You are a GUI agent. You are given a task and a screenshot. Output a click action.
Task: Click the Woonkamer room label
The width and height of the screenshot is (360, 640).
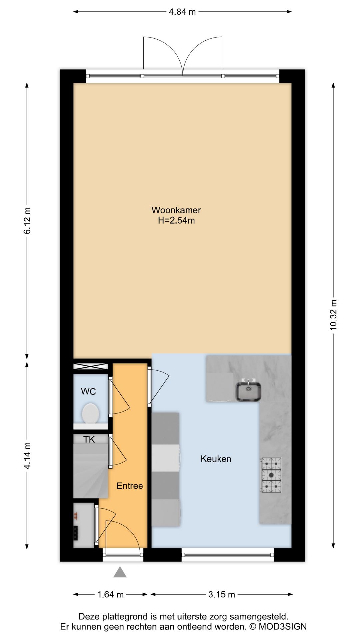pyautogui.click(x=176, y=210)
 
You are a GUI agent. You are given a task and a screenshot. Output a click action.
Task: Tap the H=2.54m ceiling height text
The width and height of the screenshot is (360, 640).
pyautogui.click(x=176, y=220)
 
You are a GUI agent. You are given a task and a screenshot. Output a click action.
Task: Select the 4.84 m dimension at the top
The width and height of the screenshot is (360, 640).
pyautogui.click(x=182, y=12)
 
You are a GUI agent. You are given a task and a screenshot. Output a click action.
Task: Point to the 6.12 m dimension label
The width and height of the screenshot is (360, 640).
pyautogui.click(x=27, y=220)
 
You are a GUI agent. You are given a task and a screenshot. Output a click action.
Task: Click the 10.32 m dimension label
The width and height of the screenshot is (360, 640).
pyautogui.click(x=333, y=315)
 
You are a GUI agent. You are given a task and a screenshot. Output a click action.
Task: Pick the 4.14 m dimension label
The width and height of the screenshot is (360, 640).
pyautogui.click(x=27, y=456)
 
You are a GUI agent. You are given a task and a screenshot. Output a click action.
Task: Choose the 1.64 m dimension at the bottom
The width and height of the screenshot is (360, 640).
pyautogui.click(x=110, y=594)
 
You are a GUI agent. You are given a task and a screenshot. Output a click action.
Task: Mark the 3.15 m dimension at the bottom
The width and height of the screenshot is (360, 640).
pyautogui.click(x=222, y=594)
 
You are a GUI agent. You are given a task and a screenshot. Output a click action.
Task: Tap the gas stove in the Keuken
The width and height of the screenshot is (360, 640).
pyautogui.click(x=271, y=475)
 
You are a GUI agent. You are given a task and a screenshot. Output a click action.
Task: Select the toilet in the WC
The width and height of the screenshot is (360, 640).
pyautogui.click(x=90, y=413)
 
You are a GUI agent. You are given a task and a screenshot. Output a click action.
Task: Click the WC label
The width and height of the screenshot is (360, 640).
pyautogui.click(x=88, y=391)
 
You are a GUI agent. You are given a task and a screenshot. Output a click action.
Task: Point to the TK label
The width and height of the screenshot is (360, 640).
pyautogui.click(x=89, y=440)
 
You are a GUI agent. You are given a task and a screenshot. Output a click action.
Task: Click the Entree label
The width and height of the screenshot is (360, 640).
pyautogui.click(x=130, y=486)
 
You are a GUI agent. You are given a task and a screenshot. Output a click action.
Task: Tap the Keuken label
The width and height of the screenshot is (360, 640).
pyautogui.click(x=216, y=459)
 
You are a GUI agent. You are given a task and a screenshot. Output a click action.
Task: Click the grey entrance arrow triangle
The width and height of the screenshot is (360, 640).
pyautogui.click(x=120, y=572)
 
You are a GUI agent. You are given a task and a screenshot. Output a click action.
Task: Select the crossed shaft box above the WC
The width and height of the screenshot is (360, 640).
pyautogui.click(x=91, y=367)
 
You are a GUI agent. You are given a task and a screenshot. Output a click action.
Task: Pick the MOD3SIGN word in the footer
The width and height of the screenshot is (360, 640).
pyautogui.click(x=283, y=627)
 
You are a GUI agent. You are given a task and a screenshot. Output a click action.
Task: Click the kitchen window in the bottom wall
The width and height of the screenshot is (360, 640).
pyautogui.click(x=228, y=555)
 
